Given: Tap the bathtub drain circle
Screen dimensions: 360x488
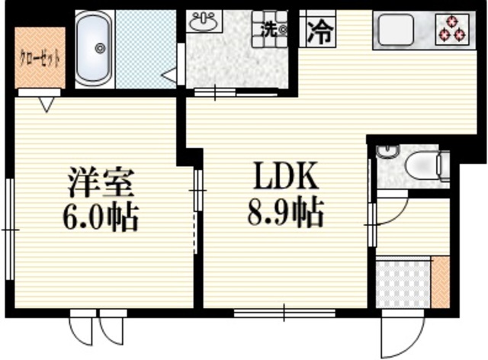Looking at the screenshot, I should pyautogui.click(x=99, y=48).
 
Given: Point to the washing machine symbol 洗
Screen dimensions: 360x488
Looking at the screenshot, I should pyautogui.click(x=270, y=31).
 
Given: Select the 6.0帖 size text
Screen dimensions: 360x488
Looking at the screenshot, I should pyautogui.click(x=101, y=218).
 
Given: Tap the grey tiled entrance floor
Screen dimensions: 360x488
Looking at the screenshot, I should pyautogui.click(x=403, y=283).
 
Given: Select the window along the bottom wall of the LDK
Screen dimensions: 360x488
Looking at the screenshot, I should pyautogui.click(x=284, y=311).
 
